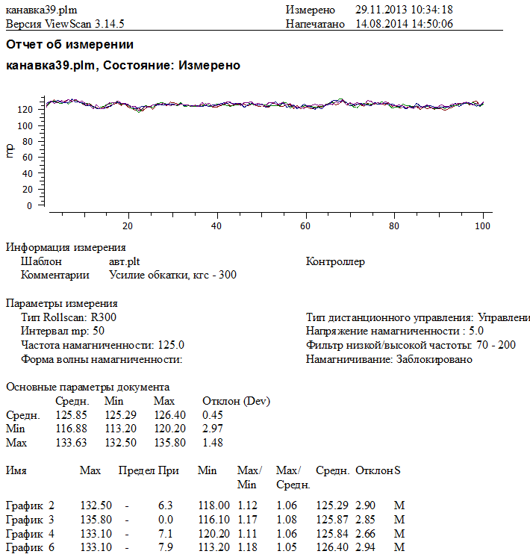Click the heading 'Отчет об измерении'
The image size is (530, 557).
[70, 45]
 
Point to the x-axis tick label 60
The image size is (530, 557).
[305, 225]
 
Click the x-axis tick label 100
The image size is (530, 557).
[483, 225]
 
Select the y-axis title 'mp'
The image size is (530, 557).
[10, 151]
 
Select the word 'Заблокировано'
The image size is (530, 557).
[434, 359]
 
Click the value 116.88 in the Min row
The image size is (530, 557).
[71, 429]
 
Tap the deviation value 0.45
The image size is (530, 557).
[213, 415]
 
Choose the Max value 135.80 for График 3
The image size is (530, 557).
[96, 519]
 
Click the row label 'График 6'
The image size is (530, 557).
[30, 547]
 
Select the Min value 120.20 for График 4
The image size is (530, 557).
[213, 533]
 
